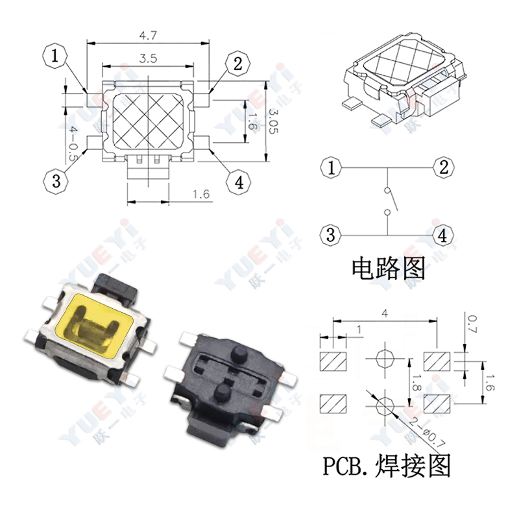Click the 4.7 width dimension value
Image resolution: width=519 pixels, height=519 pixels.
(x=149, y=35)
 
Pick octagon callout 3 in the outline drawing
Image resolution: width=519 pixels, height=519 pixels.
(x=56, y=181)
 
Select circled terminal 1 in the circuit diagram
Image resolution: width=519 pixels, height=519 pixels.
(x=331, y=168)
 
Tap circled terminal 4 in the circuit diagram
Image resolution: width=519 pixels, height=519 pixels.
(x=443, y=235)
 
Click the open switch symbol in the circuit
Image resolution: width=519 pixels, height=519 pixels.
(x=387, y=201)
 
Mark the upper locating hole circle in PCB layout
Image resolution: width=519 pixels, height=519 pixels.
(x=384, y=359)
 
